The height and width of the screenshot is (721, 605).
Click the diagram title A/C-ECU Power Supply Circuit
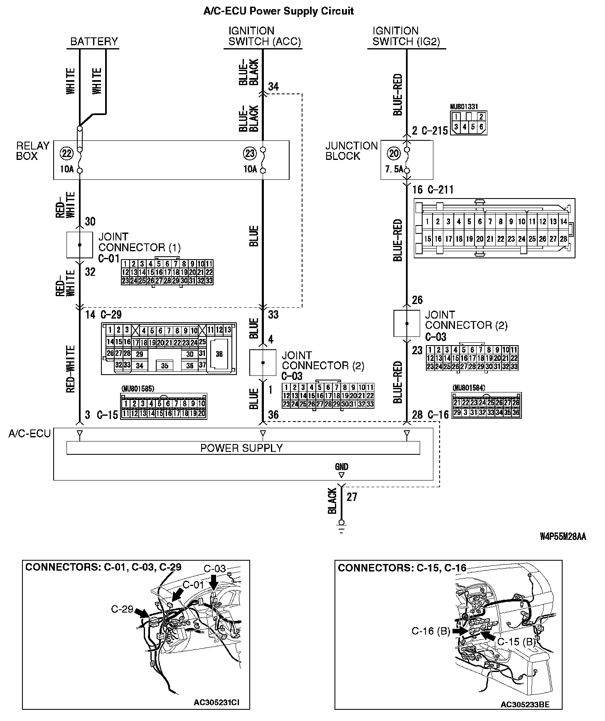coord(278,11)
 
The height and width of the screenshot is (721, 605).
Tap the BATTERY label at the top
coord(94,42)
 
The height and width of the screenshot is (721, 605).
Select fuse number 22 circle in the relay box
coord(66,154)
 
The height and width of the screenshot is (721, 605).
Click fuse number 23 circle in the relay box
coord(250,154)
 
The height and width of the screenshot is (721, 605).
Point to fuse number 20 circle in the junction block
coord(393,154)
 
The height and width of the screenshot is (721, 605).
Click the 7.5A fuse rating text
coord(393,169)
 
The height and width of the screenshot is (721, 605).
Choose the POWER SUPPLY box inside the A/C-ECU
coord(243,448)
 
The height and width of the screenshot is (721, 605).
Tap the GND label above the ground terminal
coord(342,467)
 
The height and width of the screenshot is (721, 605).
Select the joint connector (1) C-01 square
coord(80,245)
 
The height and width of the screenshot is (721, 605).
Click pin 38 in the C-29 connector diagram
coord(219,354)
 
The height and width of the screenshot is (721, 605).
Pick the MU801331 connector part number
coord(464,107)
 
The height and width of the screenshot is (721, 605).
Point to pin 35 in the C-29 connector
coord(165,366)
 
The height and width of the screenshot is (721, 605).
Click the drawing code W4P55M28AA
coord(563,537)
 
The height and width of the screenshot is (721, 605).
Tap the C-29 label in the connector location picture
coord(122,609)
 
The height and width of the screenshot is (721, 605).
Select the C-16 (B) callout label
coord(431,631)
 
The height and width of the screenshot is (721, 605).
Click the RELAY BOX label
coord(33,151)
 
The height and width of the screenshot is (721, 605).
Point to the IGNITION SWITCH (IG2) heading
coord(406,36)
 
